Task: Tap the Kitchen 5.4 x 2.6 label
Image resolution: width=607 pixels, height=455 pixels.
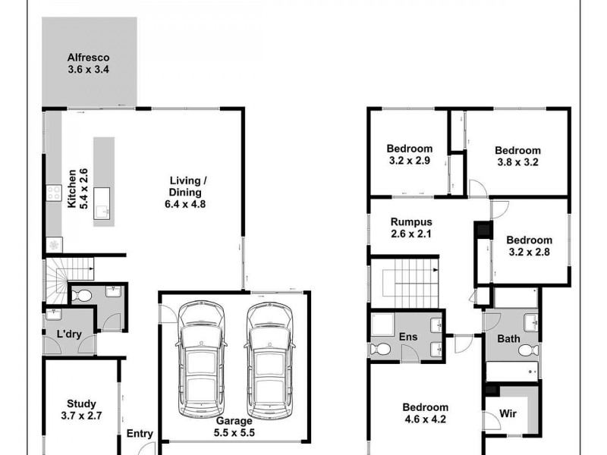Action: tap(78, 188)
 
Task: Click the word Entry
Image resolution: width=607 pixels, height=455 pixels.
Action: tap(139, 435)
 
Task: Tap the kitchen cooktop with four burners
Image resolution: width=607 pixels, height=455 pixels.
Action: tap(54, 193)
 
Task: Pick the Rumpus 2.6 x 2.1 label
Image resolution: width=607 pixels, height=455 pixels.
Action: tap(410, 227)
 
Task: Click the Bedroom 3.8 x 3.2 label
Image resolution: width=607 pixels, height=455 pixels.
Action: tap(517, 156)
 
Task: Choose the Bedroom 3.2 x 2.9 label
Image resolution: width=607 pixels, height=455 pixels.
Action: tap(410, 154)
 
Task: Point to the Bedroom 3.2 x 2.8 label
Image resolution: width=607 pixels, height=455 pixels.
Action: tap(530, 246)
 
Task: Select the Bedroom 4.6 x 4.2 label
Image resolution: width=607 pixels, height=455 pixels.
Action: tap(425, 413)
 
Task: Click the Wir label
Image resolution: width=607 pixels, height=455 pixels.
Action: tap(508, 416)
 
